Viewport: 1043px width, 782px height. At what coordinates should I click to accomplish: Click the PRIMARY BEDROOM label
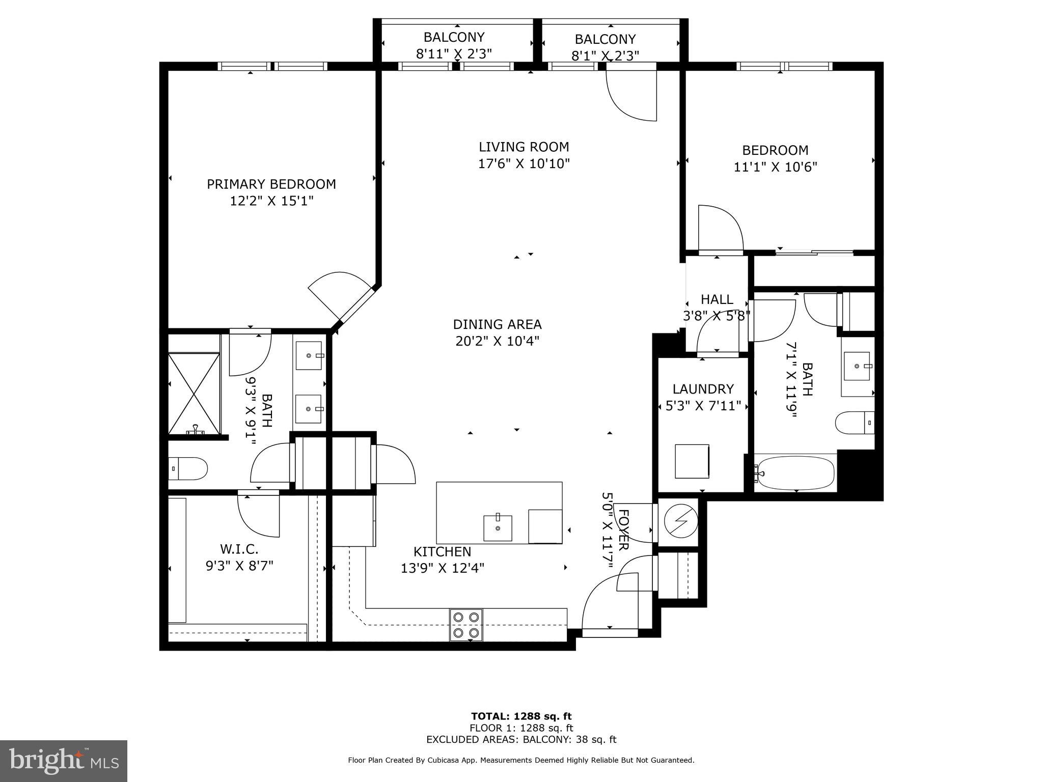point(271,184)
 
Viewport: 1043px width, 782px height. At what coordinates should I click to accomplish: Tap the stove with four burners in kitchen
point(466,624)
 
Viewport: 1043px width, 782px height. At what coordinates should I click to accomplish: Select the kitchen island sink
point(498,528)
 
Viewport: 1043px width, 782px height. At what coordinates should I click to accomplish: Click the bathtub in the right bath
point(795,472)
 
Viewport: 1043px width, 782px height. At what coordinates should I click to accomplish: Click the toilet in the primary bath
point(188,468)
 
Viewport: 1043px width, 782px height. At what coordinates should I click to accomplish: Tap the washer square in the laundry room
point(692,461)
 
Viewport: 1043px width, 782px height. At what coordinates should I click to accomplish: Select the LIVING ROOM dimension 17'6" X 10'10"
point(524,164)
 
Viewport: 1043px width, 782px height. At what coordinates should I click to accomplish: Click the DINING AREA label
point(497,324)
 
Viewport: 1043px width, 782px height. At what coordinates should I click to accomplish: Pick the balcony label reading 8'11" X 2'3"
point(454,53)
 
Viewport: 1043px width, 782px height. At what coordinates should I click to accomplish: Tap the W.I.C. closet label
point(239,549)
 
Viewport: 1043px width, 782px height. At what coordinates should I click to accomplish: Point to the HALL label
point(717,299)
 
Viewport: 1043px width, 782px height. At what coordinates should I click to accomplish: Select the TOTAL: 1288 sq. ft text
point(521,716)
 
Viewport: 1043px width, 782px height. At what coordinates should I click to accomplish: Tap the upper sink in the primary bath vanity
point(309,355)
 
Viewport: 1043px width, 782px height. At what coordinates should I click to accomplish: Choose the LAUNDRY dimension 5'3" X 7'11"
point(703,406)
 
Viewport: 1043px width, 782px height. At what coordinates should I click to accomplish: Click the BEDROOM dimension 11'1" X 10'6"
point(775,167)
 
